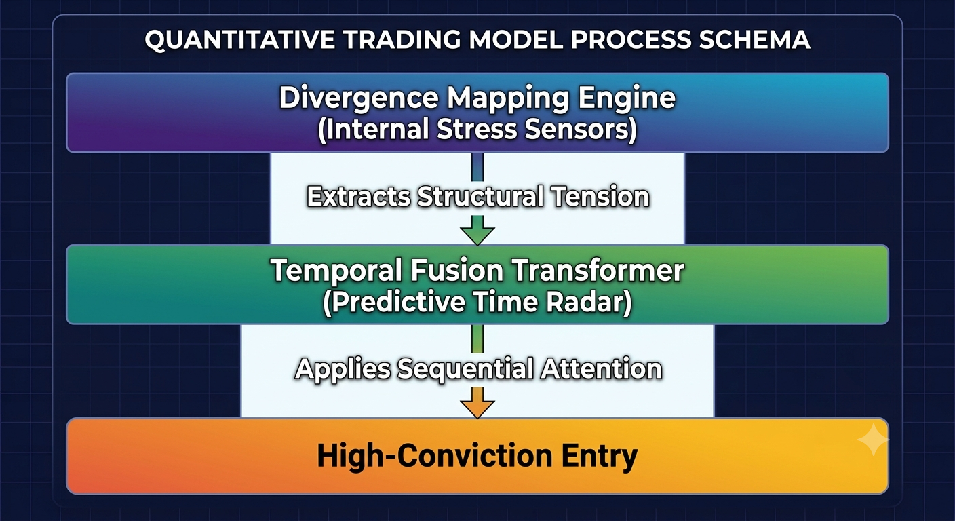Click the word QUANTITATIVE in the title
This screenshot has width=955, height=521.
coord(240,40)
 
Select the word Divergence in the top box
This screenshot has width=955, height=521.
coord(359,98)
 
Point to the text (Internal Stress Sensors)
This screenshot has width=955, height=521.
coord(477,130)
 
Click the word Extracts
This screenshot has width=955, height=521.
coord(359,197)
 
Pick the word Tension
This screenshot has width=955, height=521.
coord(600,197)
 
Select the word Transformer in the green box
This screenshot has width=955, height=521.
coord(598,270)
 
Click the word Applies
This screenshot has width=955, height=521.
coord(343,369)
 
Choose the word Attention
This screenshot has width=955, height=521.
coord(602,368)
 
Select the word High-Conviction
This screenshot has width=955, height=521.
coord(435,455)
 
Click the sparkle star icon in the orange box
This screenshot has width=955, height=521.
coord(873,440)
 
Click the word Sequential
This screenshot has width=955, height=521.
coord(465,369)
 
